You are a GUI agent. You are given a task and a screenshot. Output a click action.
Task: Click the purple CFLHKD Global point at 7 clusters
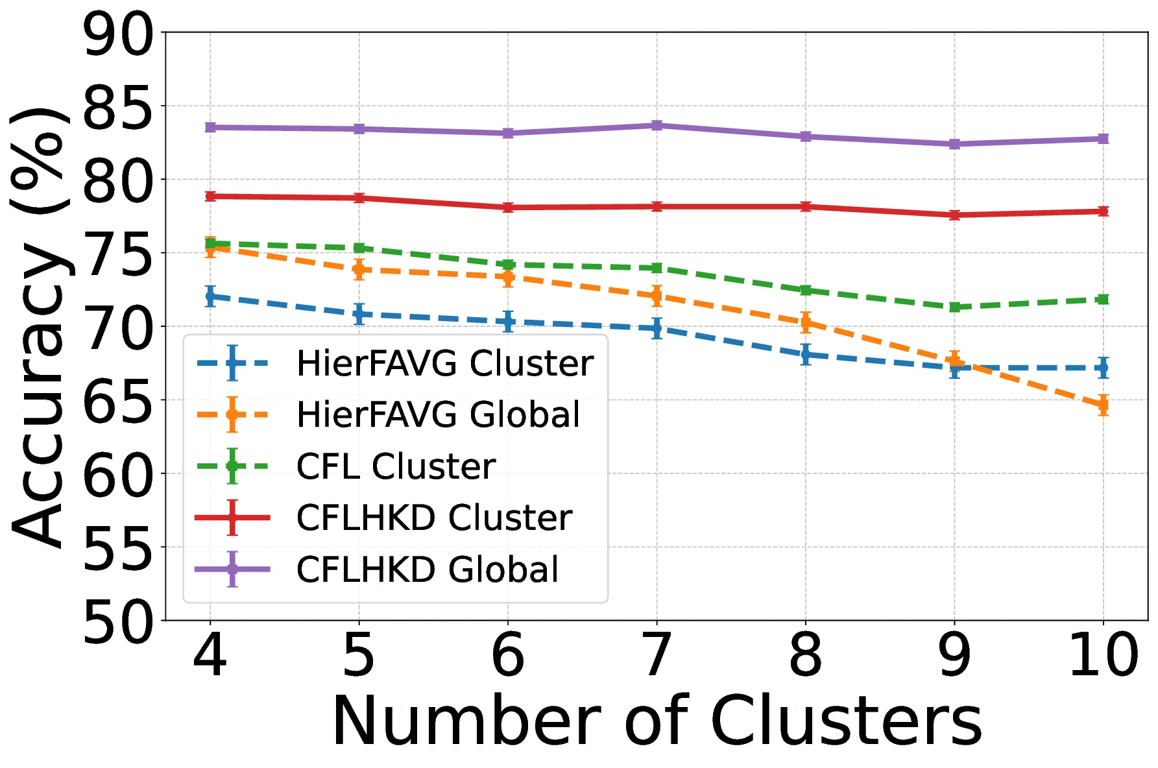pos(657,125)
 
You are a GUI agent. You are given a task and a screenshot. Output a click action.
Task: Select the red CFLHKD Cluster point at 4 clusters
pos(210,196)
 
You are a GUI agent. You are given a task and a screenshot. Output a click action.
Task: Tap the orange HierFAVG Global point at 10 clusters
pos(1103,405)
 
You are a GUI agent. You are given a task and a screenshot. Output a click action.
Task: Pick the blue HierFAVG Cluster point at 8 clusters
pos(806,355)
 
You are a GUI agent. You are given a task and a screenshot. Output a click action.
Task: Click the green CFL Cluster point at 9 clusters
pos(954,307)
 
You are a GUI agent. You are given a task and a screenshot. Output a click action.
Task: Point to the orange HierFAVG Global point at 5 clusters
pos(359,269)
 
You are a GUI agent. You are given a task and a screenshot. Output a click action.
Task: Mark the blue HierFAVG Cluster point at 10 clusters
pos(1103,368)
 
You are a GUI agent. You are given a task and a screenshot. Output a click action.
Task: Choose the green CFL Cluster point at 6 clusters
pos(508,265)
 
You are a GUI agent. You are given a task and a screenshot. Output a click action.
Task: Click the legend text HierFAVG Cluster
pos(444,363)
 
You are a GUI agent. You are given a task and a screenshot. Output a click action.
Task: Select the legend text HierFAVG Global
pos(438,414)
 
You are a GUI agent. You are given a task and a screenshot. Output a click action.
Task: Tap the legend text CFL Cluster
pos(396,466)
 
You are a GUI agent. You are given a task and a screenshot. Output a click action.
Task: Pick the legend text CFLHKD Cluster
pos(433,518)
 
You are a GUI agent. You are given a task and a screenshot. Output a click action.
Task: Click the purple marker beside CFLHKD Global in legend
pos(232,569)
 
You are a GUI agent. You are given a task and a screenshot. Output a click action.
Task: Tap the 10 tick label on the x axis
pos(1103,656)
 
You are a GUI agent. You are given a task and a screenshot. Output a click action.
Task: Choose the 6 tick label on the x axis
pos(508,656)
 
